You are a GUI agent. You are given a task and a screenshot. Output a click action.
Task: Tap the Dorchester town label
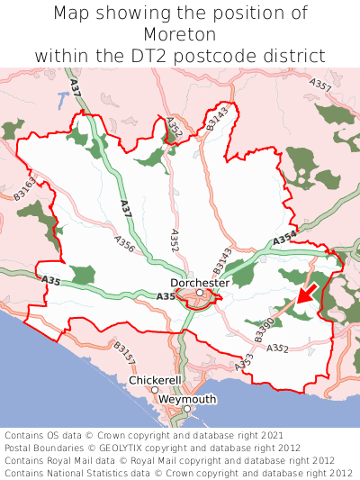(x=200, y=282)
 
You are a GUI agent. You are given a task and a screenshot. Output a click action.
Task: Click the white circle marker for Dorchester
(x=199, y=293)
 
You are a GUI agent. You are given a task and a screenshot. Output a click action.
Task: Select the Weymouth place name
(x=187, y=399)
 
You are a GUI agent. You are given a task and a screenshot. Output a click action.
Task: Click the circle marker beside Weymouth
(x=187, y=409)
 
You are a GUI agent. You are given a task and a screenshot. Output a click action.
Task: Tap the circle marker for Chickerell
(x=155, y=390)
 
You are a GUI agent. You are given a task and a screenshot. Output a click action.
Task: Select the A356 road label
(x=125, y=243)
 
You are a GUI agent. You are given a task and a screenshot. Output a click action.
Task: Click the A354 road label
(x=283, y=238)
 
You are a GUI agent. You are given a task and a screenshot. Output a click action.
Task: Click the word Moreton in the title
(x=180, y=34)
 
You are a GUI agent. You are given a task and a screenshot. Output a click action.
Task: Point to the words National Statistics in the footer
(x=94, y=472)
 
